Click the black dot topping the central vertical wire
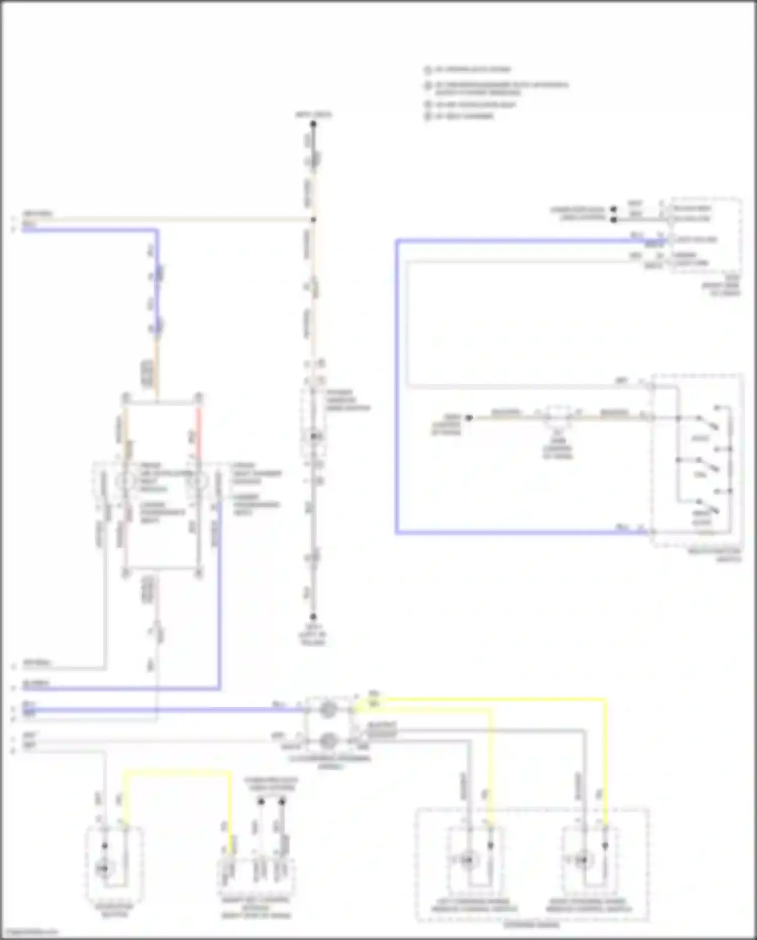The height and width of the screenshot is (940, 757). click(313, 124)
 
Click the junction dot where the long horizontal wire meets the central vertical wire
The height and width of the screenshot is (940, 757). click(313, 220)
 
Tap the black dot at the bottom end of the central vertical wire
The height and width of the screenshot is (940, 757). click(313, 617)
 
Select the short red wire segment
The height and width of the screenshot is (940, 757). click(199, 427)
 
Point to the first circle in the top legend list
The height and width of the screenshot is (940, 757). click(428, 70)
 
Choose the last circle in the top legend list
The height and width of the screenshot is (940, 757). click(428, 116)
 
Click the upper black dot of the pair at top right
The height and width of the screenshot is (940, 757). click(614, 209)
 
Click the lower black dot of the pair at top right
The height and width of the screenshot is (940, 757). click(614, 220)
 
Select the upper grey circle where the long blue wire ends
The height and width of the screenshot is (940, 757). click(327, 710)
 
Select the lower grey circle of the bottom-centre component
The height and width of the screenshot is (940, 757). click(327, 741)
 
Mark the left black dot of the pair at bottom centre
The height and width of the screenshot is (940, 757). click(261, 802)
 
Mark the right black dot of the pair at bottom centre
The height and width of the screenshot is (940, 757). click(282, 802)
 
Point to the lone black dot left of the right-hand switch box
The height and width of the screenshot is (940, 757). click(469, 418)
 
